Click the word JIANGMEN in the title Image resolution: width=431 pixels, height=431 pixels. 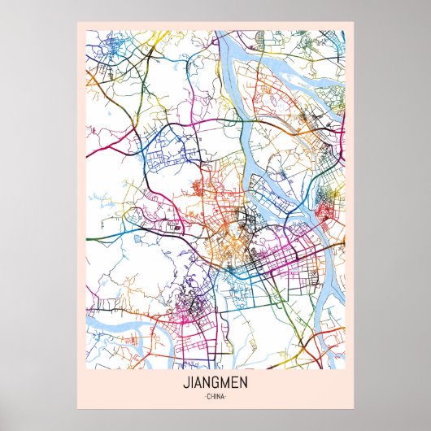tap(215, 383)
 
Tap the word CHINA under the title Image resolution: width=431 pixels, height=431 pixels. tap(215, 396)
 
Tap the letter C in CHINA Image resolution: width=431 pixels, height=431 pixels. tap(208, 396)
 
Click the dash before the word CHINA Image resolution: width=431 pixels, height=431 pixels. tap(204, 396)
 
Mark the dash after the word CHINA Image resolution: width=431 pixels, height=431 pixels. tap(227, 396)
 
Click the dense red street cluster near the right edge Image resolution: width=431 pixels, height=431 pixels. tap(326, 213)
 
